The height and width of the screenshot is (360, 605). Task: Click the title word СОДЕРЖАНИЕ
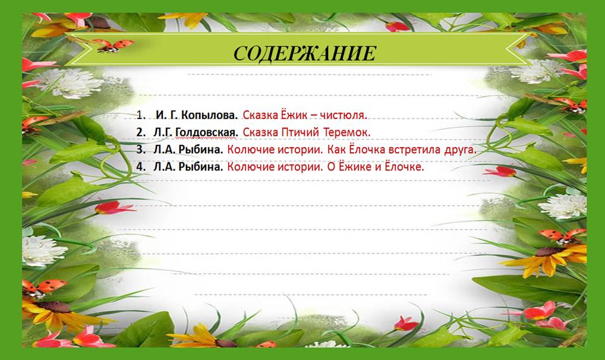click(x=304, y=53)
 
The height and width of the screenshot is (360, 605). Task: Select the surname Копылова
click(x=209, y=115)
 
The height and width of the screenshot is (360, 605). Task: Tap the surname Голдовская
click(x=206, y=132)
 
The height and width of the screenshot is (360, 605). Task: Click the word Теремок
click(x=346, y=132)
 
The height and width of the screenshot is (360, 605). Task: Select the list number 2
click(x=140, y=132)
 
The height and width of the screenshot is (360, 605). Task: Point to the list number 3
click(x=140, y=150)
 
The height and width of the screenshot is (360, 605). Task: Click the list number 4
click(x=140, y=167)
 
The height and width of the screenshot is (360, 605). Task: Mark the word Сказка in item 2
click(x=260, y=132)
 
